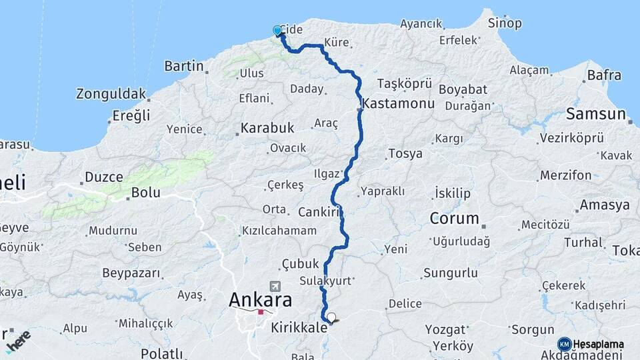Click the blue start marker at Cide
(x=277, y=31)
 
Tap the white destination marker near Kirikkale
(x=331, y=317)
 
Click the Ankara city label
(x=260, y=299)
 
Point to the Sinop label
(x=505, y=23)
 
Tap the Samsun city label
(x=596, y=114)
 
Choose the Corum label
(x=455, y=218)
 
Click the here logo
(x=18, y=341)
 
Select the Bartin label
(x=183, y=66)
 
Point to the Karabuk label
(x=267, y=127)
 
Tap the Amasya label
(x=605, y=205)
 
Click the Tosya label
(x=405, y=154)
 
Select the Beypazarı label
(x=131, y=273)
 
